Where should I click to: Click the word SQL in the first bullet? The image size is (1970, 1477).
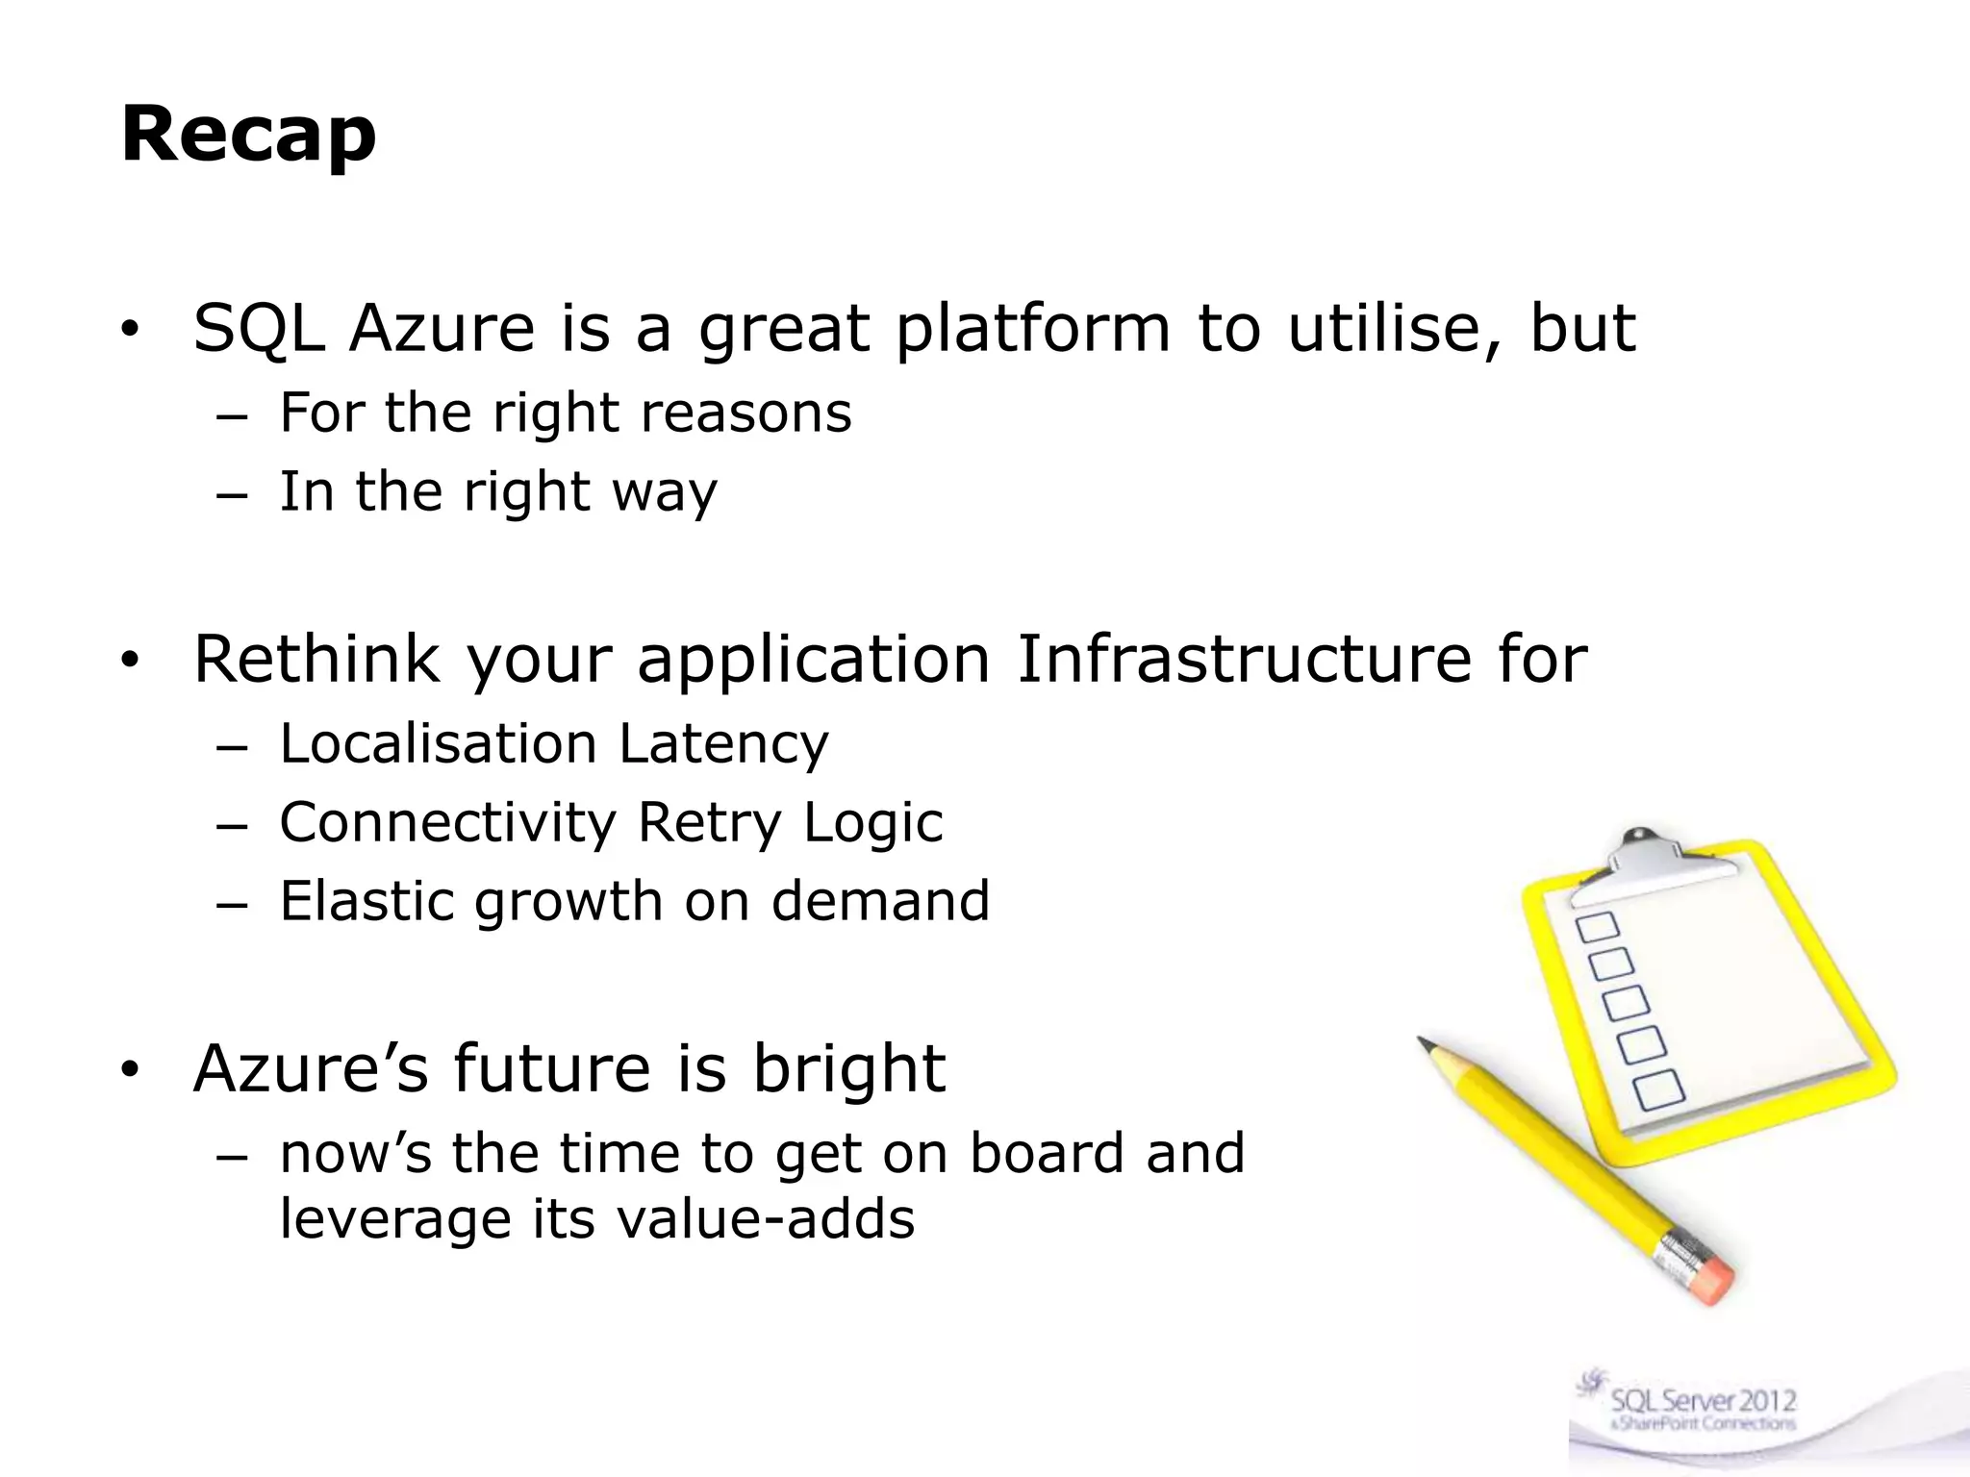[258, 329]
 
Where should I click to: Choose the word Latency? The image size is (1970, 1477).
[723, 744]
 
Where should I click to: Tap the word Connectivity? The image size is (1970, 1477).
[447, 823]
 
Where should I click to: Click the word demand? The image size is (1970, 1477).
[880, 902]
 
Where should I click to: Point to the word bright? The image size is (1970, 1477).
[848, 1069]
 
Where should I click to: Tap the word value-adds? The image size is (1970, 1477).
[765, 1219]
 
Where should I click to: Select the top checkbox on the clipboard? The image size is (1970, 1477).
[1597, 928]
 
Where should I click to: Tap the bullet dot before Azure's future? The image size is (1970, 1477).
[130, 1069]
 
